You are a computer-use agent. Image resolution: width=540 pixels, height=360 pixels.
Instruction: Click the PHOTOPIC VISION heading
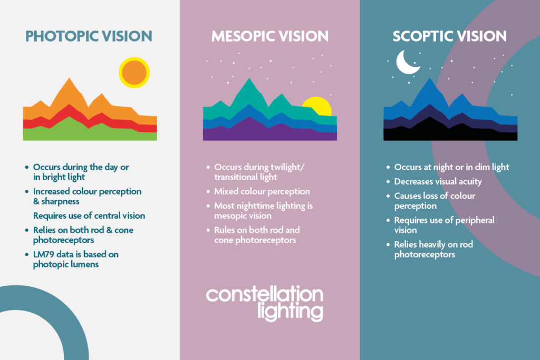[x=89, y=36]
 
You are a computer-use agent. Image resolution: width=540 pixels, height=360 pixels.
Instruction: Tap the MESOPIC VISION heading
[x=269, y=36]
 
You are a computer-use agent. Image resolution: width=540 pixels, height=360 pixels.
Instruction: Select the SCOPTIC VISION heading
[x=449, y=36]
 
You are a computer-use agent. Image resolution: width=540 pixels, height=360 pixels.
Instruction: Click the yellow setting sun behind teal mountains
[x=318, y=108]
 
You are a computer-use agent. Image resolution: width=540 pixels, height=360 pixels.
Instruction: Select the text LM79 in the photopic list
[x=44, y=255]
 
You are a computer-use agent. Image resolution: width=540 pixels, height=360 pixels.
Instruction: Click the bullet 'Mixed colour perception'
[x=262, y=191]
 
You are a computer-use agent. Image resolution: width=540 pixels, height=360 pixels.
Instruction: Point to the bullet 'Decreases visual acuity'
[x=438, y=181]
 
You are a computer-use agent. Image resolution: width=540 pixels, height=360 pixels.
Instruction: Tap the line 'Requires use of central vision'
[x=89, y=216]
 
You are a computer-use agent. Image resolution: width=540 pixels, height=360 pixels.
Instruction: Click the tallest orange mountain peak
[x=67, y=84]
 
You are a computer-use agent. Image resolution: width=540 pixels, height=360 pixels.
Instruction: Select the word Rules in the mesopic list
[x=225, y=230]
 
